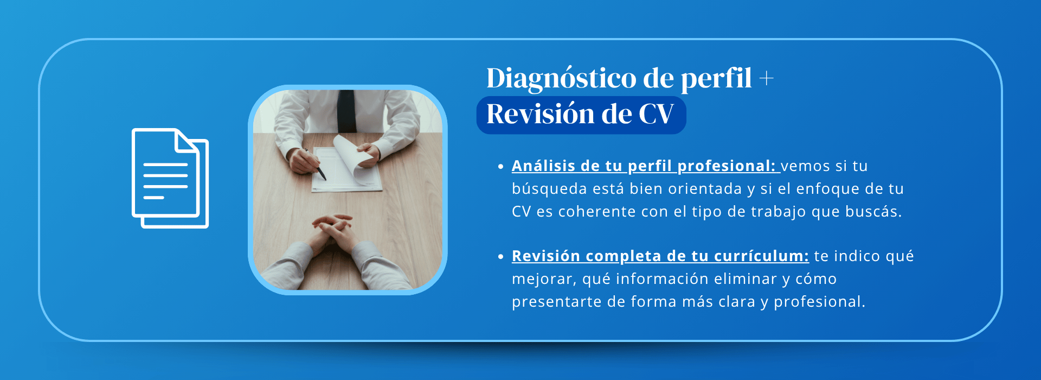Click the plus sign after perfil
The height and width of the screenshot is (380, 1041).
(x=766, y=79)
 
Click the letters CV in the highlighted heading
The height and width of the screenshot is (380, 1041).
(x=656, y=114)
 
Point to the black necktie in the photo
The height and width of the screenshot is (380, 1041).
(x=346, y=111)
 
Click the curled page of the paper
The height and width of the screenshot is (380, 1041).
(x=352, y=157)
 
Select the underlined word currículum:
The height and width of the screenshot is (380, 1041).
(x=761, y=256)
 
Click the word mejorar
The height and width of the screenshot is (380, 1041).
(x=544, y=280)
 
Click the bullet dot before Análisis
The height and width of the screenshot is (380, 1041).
(x=500, y=167)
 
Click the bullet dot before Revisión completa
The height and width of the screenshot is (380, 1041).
(x=500, y=257)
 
